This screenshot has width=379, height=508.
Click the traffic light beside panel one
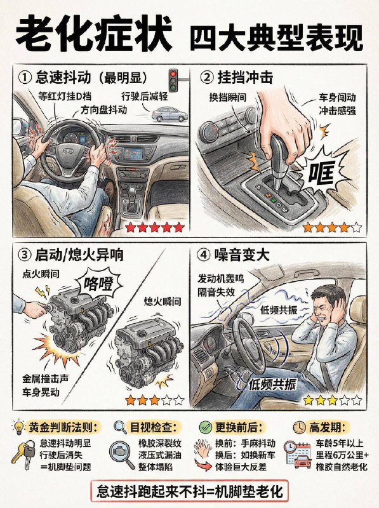174,80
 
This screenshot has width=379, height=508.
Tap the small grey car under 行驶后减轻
170,114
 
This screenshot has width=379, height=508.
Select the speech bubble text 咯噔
98,284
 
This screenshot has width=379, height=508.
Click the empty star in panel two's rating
356,227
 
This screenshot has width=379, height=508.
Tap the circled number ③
24,255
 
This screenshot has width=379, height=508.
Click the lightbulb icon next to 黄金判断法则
19,427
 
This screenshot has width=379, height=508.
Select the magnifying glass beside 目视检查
120,427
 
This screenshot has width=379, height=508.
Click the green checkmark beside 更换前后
206,427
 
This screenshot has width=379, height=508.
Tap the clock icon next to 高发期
299,427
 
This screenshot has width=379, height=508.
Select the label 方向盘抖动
103,110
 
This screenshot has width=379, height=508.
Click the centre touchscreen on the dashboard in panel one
133,152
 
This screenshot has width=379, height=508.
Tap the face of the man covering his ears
326,310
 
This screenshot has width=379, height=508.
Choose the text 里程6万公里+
342,455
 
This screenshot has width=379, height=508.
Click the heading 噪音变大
242,255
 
